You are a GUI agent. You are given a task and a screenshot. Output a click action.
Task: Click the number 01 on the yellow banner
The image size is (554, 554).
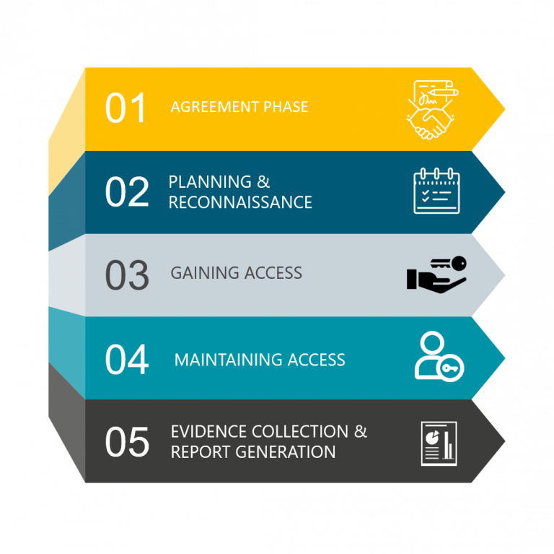(x=126, y=108)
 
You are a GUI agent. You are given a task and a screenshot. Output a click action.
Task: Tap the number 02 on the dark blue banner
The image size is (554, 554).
(x=127, y=192)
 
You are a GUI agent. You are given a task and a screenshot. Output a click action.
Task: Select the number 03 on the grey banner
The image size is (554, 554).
(x=127, y=275)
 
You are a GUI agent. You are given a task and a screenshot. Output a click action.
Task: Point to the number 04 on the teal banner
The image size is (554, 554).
(x=127, y=359)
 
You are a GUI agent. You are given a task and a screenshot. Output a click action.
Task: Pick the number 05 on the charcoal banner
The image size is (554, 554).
(x=127, y=442)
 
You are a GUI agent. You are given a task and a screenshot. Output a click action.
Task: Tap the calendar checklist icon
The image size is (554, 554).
(x=436, y=191)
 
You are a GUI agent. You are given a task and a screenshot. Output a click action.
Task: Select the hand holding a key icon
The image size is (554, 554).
(x=436, y=274)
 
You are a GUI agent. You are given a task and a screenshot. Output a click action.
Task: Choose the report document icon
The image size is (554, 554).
(x=439, y=443)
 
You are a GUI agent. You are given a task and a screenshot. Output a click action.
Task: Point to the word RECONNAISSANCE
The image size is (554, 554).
(x=240, y=202)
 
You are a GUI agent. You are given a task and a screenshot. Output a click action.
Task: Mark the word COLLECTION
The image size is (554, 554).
(x=299, y=432)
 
